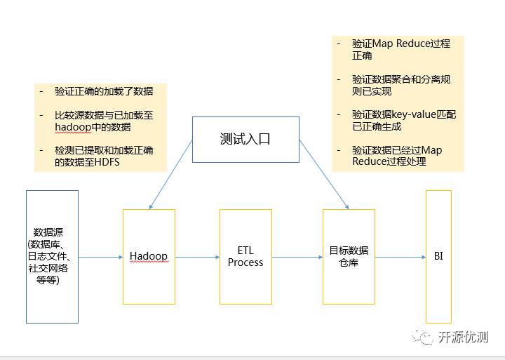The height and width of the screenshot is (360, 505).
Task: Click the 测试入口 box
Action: point(245,139)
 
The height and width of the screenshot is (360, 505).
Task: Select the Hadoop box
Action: point(149,256)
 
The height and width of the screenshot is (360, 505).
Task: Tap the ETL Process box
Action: point(245,256)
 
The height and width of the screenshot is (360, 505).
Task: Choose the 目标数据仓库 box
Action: point(349,256)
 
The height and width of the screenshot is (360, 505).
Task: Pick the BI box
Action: point(438,256)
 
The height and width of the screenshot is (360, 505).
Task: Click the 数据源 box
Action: point(53,256)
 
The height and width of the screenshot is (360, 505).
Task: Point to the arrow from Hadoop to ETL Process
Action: point(197,257)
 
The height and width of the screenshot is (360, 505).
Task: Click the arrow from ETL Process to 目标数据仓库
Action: point(297,257)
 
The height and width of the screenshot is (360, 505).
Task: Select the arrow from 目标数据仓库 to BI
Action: point(400,257)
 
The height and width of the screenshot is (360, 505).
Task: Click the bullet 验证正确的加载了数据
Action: point(104,91)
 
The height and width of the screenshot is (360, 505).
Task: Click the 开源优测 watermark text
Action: point(463,336)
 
